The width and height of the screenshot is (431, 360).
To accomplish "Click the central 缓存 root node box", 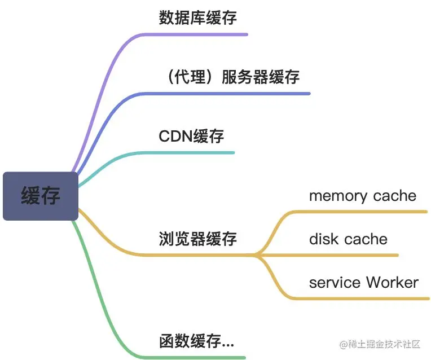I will click(x=40, y=196).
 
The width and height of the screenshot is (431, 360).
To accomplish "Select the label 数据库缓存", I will click(x=197, y=17).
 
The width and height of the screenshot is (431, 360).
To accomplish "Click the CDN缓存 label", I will click(x=191, y=136).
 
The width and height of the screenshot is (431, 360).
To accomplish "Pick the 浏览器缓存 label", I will click(x=197, y=239).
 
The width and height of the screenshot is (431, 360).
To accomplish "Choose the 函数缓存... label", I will click(x=196, y=341).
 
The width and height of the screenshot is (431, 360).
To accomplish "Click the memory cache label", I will click(x=362, y=196).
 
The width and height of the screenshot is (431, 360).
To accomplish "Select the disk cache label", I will click(x=348, y=239).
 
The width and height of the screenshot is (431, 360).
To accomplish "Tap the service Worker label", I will click(x=363, y=282).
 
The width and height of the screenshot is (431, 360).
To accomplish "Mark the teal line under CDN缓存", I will click(x=186, y=153).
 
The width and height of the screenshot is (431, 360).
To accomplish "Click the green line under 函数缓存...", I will click(x=192, y=357).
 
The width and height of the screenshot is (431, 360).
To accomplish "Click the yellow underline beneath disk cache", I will click(x=350, y=255).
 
